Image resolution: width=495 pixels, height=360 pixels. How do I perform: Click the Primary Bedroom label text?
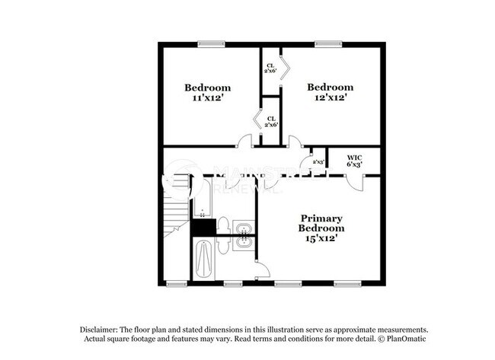click(321, 222)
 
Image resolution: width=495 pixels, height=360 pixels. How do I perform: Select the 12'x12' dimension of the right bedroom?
click(330, 97)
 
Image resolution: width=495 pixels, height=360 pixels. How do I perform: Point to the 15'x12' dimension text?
click(321, 238)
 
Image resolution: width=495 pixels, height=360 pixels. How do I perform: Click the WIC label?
click(354, 156)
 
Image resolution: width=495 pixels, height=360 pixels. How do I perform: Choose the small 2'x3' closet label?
click(318, 162)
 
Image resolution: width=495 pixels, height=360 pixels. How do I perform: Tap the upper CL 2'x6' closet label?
click(270, 68)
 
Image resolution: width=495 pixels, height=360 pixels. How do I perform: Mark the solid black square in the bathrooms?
click(202, 226)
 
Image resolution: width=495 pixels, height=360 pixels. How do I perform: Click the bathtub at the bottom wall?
click(204, 260)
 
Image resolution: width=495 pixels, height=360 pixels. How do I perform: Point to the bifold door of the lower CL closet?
click(257, 121)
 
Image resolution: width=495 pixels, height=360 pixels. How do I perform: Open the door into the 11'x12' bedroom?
click(245, 142)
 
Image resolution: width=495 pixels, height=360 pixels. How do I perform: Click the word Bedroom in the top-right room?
click(330, 87)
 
